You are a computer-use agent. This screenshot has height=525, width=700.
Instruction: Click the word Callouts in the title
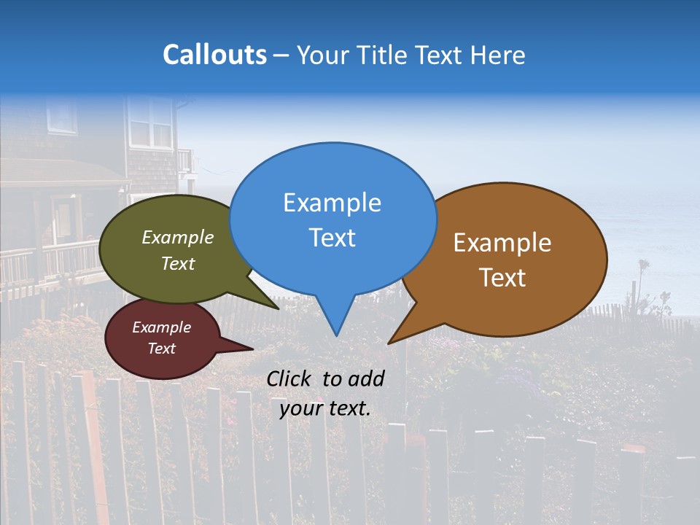[214, 55]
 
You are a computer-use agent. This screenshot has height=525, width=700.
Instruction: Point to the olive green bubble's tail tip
[277, 308]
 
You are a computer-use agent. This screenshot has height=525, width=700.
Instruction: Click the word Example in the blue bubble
[332, 203]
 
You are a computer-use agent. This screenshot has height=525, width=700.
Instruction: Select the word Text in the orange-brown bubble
[503, 278]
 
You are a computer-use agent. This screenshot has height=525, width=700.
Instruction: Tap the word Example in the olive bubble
[178, 237]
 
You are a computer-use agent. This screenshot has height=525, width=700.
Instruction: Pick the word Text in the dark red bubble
[162, 349]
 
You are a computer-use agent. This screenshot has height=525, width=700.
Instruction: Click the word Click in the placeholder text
[290, 378]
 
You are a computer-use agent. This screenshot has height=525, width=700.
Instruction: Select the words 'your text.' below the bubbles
[325, 408]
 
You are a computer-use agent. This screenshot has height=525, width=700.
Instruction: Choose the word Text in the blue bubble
[332, 238]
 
